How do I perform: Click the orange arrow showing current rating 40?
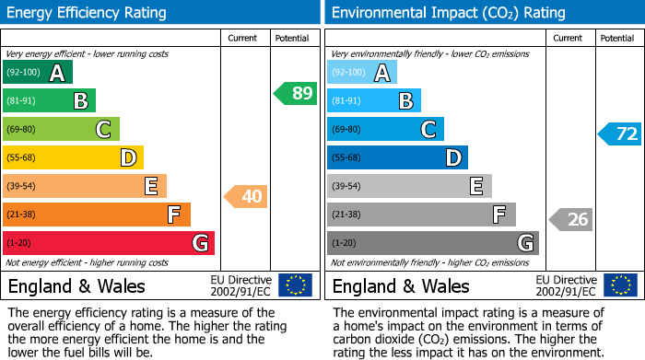coord(245,196)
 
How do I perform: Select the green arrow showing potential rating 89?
coord(295,93)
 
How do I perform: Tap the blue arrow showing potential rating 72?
coord(619,134)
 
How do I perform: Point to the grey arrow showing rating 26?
coord(570,219)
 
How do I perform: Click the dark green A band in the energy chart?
coord(38,73)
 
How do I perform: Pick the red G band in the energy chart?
coord(109,243)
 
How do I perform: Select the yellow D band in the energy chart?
coord(73,157)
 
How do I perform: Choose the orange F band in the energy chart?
coord(97,215)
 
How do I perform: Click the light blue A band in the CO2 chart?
coord(362,73)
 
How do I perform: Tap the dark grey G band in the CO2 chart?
coord(433,243)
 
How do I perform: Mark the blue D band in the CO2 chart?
coord(397,157)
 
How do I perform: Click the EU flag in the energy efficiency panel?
coord(295,285)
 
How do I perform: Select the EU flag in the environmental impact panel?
coord(619,285)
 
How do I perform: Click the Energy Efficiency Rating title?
coord(88,13)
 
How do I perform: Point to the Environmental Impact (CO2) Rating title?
coord(448,13)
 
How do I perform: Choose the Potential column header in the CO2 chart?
coord(617,38)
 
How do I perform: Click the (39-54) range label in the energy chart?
coord(22,187)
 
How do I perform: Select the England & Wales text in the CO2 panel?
coord(401,285)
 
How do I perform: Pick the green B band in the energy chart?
coord(50,100)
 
